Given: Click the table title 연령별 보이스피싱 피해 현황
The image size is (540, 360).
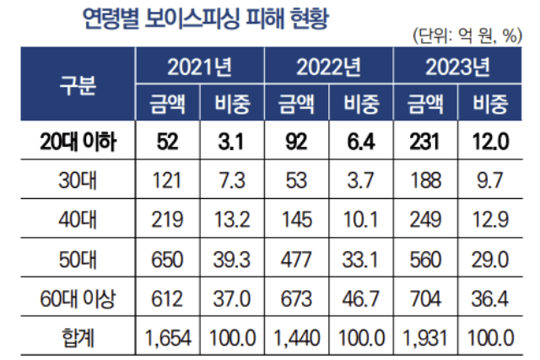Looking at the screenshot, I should pos(192,18).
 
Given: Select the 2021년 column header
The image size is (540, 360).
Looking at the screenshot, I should pos(198,67).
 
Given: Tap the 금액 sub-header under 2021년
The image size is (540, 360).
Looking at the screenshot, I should pos(165,105).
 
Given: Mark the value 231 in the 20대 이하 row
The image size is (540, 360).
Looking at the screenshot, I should pos(425,143).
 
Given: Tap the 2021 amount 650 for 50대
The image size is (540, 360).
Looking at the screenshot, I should pos(166,260).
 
